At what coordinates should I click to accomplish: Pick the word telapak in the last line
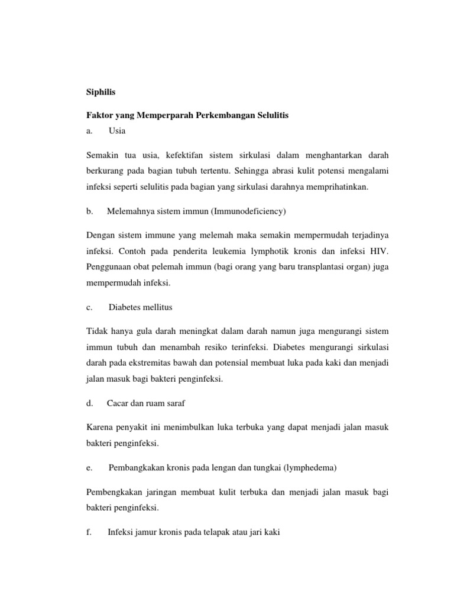coord(211,532)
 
